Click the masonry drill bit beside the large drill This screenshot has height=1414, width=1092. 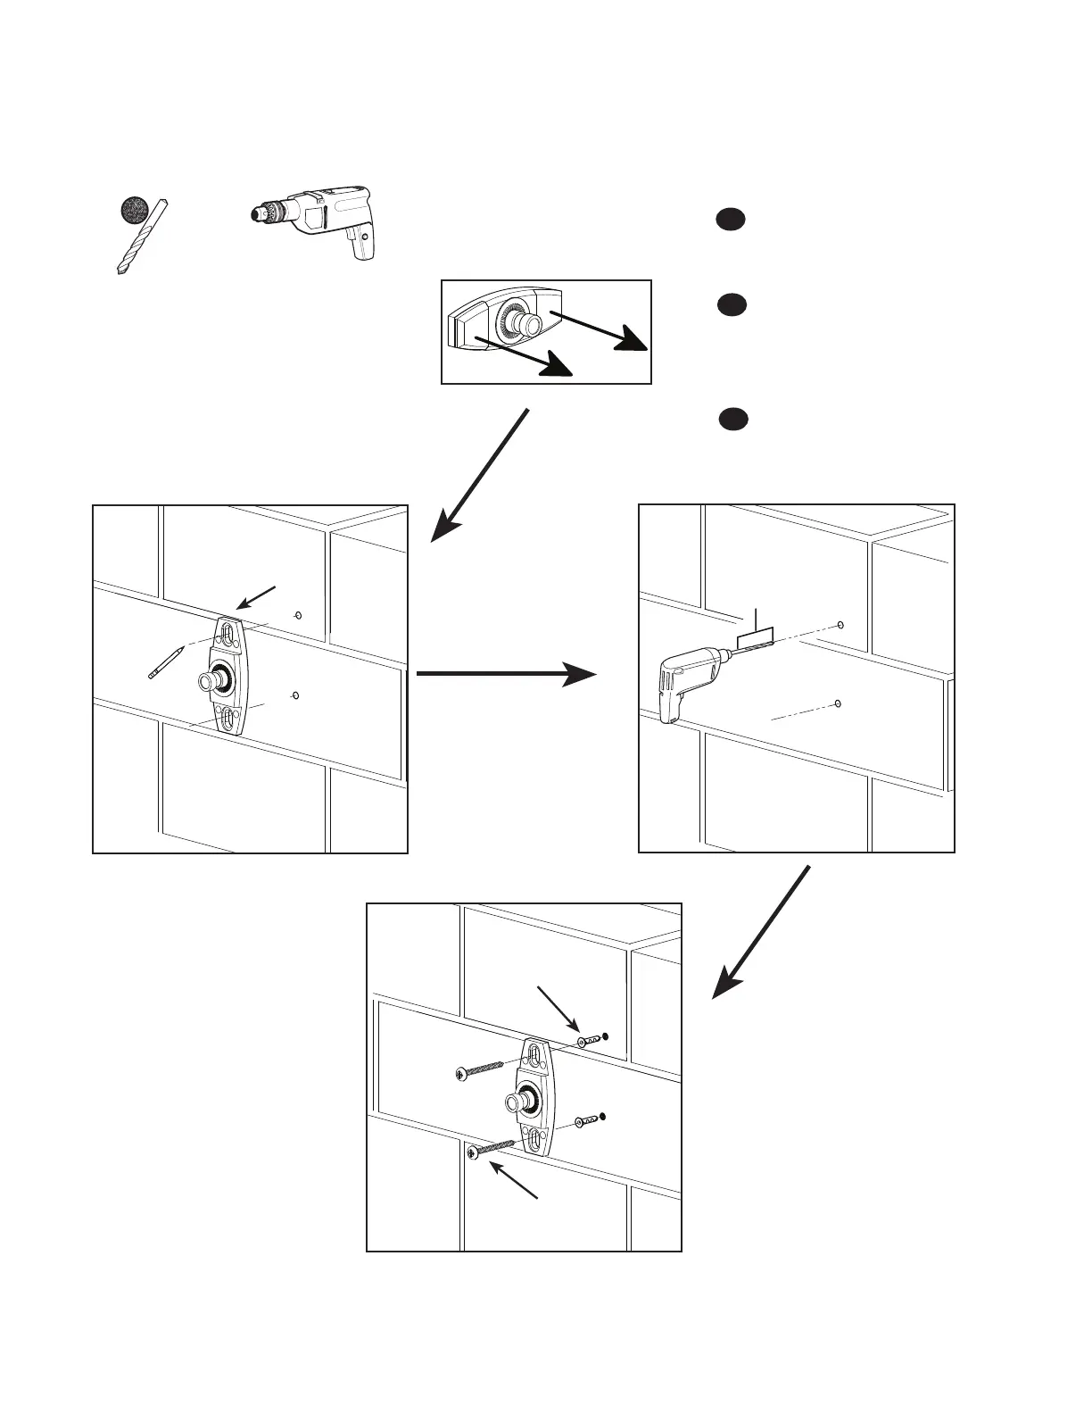pyautogui.click(x=141, y=236)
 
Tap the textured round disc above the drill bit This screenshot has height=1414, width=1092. pyautogui.click(x=136, y=211)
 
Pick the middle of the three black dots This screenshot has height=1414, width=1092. pyautogui.click(x=729, y=305)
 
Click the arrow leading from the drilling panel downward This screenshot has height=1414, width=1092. pyautogui.click(x=763, y=932)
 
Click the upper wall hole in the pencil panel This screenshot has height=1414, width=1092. pyautogui.click(x=298, y=615)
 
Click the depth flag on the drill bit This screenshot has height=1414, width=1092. pyautogui.click(x=756, y=636)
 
